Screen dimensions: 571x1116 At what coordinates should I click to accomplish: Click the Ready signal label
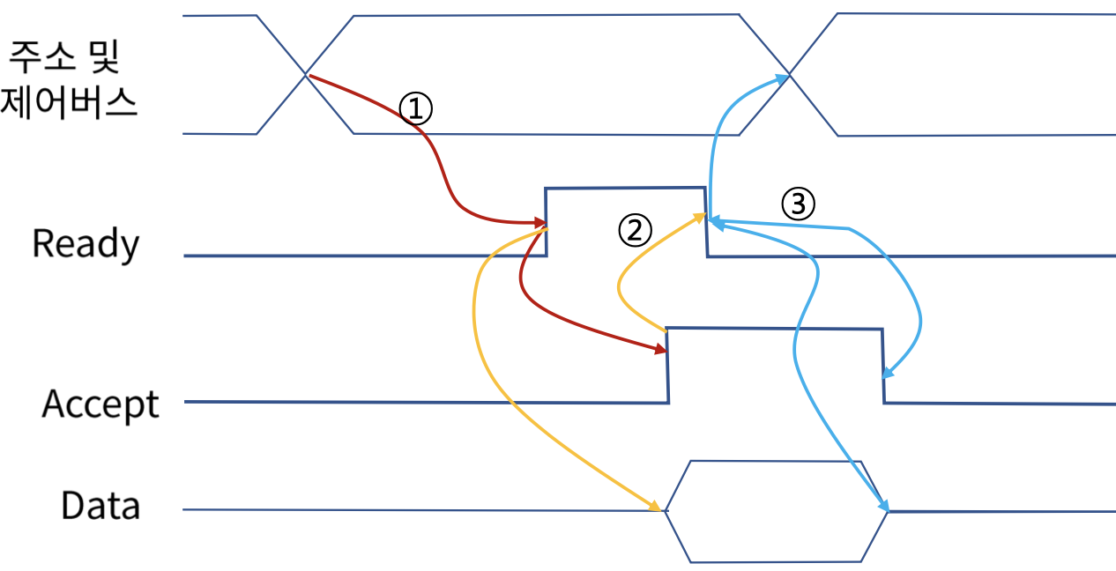86,244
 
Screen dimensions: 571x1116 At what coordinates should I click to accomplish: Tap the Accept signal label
100,404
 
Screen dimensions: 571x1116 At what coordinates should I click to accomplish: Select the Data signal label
100,507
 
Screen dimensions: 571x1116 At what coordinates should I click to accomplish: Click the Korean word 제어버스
69,104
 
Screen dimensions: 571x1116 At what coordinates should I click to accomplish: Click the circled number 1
416,108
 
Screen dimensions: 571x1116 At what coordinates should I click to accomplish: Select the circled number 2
635,231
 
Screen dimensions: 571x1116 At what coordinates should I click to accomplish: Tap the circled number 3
798,204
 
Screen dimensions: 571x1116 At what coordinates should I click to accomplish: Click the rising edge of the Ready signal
547,221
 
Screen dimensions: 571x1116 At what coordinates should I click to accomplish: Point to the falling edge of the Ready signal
705,221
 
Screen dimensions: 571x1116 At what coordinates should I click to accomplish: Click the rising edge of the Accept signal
667,365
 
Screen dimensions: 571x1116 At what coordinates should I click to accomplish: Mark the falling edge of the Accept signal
883,365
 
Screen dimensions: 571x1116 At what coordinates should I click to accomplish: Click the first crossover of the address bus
306,75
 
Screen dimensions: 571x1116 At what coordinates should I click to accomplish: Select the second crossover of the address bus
789,75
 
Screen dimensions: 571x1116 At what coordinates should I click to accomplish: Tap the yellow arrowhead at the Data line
656,507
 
